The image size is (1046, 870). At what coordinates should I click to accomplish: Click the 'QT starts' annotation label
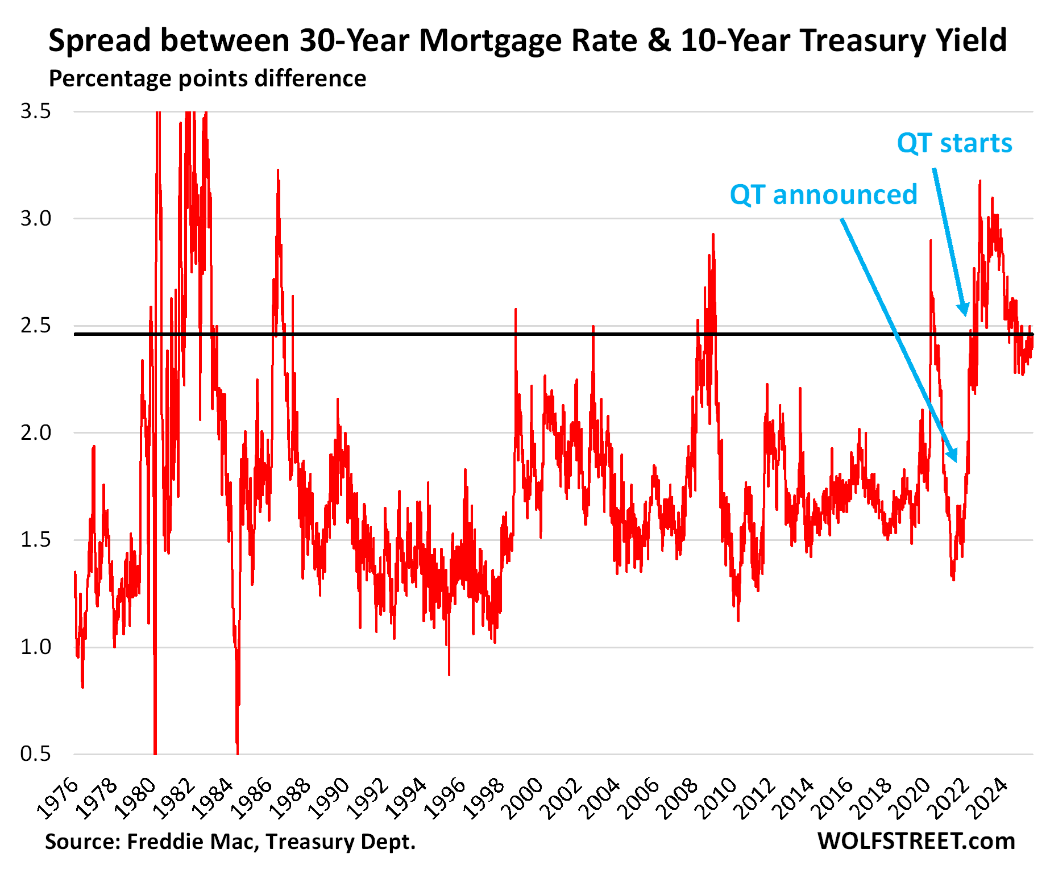[x=954, y=143]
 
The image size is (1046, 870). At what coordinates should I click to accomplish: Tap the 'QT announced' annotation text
[x=823, y=195]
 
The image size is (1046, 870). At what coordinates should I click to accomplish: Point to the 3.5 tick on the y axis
[x=36, y=111]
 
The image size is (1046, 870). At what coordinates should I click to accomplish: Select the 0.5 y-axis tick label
[x=36, y=754]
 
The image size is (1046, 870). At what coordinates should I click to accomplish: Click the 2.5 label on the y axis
[x=36, y=326]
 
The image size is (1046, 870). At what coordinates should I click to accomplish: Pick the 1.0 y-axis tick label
[x=36, y=647]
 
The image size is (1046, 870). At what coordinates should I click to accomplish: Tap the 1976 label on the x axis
[x=60, y=798]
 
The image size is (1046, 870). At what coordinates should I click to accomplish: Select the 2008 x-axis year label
[x=680, y=798]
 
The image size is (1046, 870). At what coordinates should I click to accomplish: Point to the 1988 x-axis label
[x=292, y=798]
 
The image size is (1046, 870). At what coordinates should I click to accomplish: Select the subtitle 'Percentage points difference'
[x=207, y=78]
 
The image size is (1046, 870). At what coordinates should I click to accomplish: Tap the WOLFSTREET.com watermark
[x=916, y=841]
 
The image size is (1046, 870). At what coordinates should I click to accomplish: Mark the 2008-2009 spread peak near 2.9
[x=713, y=234]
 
